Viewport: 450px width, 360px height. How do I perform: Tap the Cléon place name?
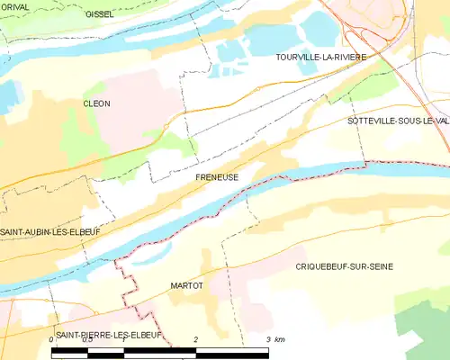[96, 103]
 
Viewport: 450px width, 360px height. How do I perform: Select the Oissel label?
[99, 14]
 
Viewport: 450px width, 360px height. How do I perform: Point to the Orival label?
[16, 5]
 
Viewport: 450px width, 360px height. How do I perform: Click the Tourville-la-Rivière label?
[321, 57]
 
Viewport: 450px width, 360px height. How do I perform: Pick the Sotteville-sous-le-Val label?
[397, 120]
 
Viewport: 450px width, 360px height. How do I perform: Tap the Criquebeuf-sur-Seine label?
[344, 267]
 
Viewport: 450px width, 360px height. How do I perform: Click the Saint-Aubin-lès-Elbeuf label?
[49, 231]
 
